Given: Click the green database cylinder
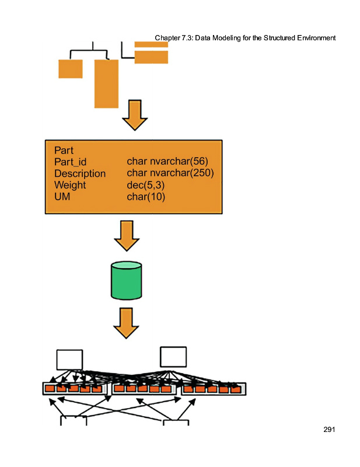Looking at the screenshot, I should coord(126,280).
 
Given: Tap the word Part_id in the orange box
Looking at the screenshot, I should coord(69,162).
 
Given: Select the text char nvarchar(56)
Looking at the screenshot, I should coord(167,161).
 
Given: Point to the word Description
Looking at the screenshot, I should coord(80,173).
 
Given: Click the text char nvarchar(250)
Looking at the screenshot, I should coord(170,173).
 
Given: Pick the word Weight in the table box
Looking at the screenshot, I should coord(70,185).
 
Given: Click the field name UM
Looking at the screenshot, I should coord(61,197).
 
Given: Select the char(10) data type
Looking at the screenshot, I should coord(146,197).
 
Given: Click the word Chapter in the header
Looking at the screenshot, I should coord(168,38).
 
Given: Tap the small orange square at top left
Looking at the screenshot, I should coord(70,69).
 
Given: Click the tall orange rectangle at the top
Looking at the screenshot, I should coord(106,83).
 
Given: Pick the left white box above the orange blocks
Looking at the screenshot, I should coord(69,359).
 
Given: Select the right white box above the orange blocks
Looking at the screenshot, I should coord(173,357).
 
